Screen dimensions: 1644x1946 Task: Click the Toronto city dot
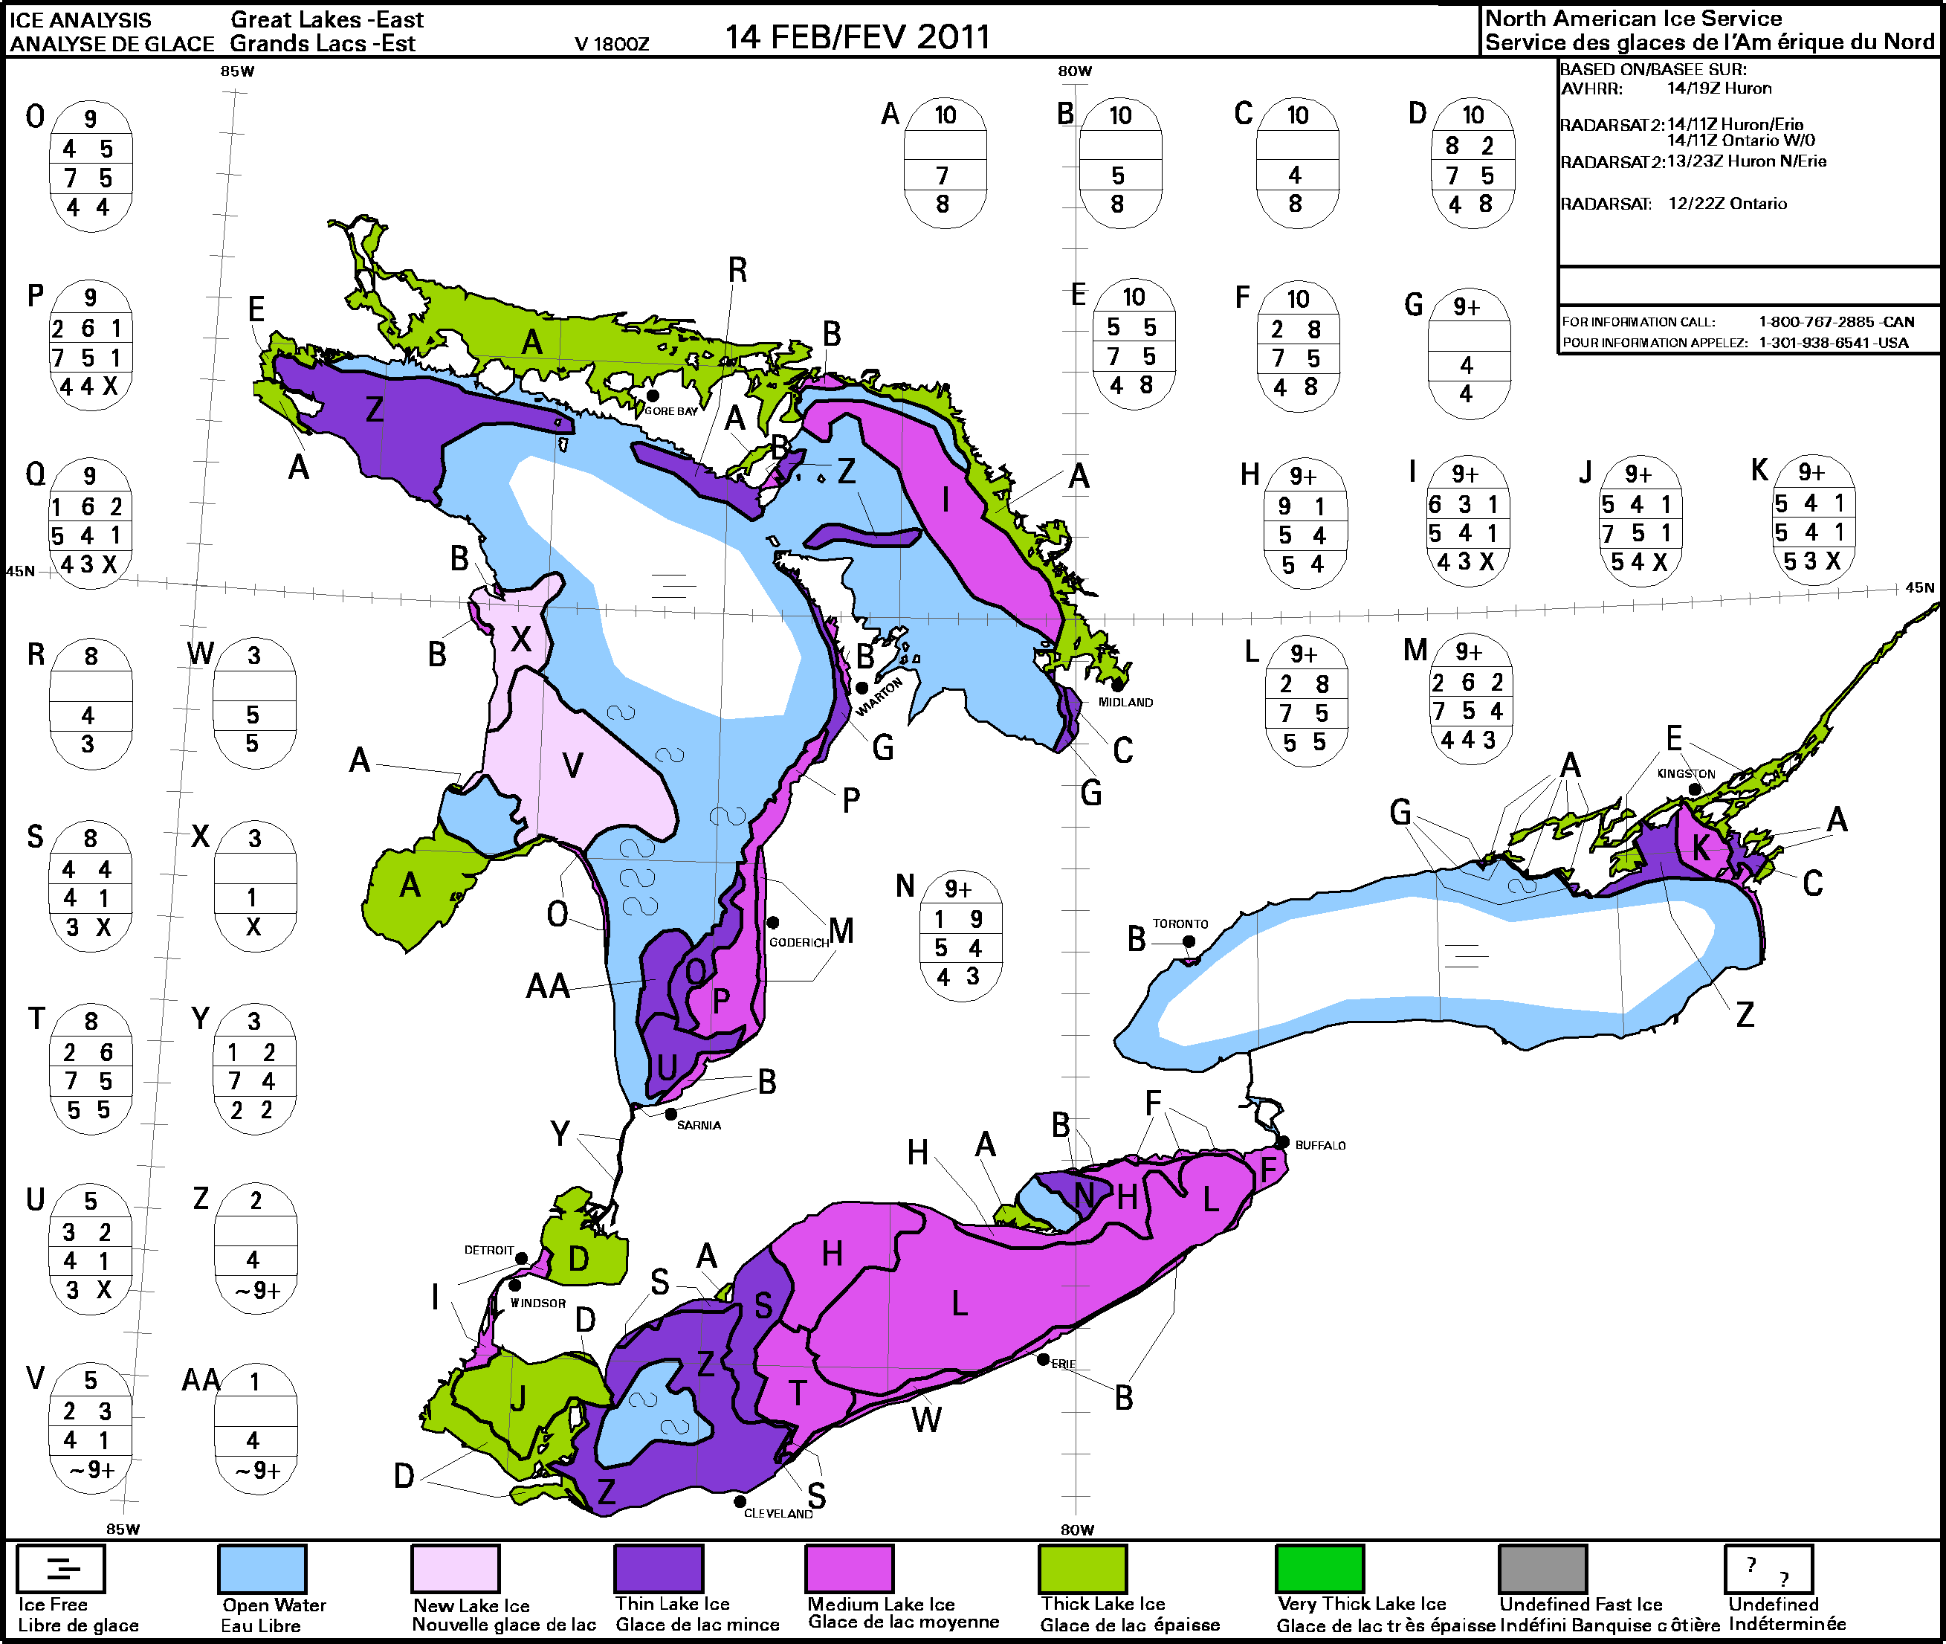(x=1189, y=941)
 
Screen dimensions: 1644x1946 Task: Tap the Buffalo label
(x=1320, y=1145)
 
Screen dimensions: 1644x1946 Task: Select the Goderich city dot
(x=772, y=923)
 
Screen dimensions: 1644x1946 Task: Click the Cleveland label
(x=778, y=1514)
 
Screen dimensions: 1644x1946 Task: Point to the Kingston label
(x=1685, y=773)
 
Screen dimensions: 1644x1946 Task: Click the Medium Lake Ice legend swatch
(x=849, y=1568)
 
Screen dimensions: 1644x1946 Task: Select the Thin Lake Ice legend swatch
(x=658, y=1568)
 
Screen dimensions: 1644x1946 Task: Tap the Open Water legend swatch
(x=262, y=1568)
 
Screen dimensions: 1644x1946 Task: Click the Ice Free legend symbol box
(x=62, y=1568)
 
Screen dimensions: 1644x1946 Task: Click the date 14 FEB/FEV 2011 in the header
(x=857, y=37)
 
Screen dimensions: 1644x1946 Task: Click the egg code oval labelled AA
(x=255, y=1428)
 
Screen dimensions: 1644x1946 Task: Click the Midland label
(x=1125, y=703)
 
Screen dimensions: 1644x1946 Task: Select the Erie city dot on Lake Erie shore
(x=1044, y=1360)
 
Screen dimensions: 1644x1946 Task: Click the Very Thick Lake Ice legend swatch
(x=1319, y=1568)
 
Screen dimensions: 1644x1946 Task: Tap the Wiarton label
(x=879, y=696)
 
